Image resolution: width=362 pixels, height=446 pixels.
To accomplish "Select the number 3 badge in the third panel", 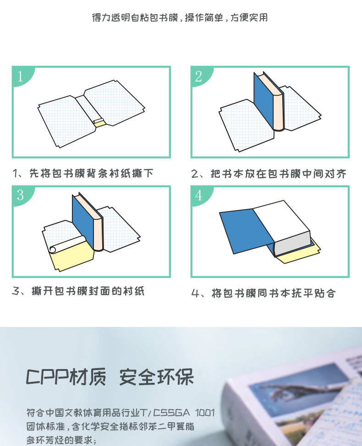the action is [x=21, y=196].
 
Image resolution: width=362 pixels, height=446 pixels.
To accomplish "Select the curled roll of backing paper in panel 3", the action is [x=67, y=245].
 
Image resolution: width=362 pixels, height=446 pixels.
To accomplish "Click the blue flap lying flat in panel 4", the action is [x=245, y=231].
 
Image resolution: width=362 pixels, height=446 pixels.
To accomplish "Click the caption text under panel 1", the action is [x=83, y=173].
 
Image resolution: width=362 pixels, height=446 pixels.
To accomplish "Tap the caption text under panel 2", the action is [x=269, y=174].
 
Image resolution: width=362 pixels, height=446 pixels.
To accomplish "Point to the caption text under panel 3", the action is [x=78, y=291].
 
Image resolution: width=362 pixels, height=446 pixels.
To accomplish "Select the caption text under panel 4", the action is [x=263, y=293].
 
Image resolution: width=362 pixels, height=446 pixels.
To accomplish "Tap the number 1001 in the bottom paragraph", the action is [x=205, y=413].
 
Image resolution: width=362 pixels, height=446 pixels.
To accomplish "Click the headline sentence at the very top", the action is [x=180, y=18].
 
